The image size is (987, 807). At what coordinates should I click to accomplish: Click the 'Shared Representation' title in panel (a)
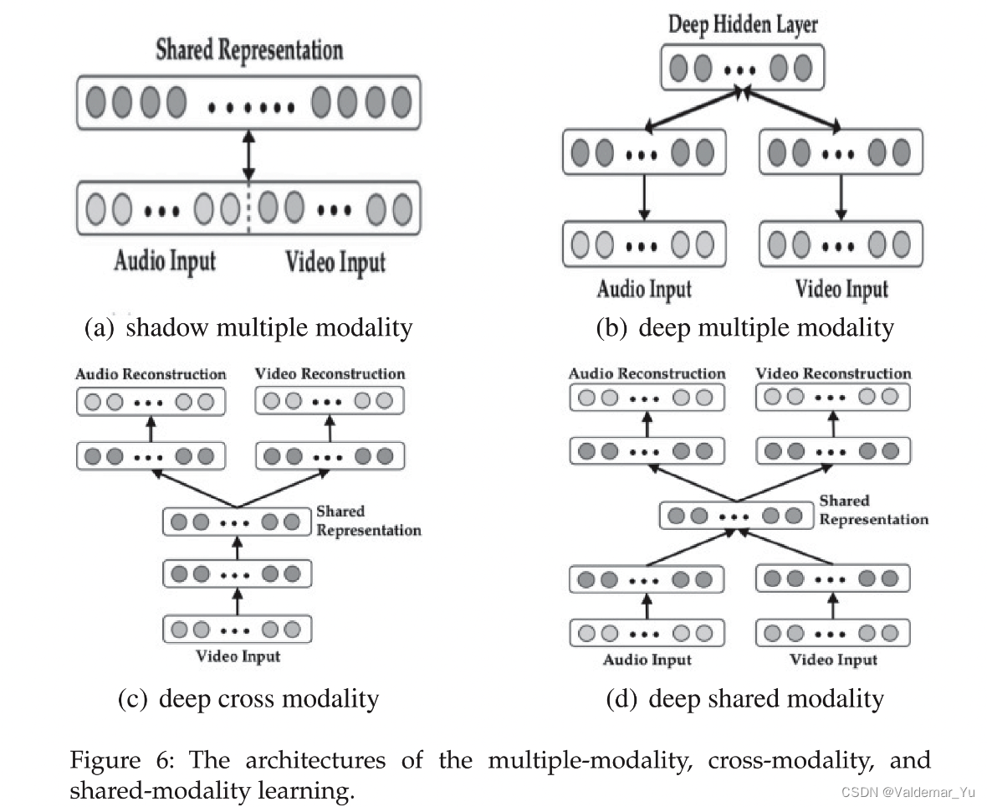pyautogui.click(x=249, y=50)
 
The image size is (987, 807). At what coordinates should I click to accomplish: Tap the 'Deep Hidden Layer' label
pyautogui.click(x=743, y=24)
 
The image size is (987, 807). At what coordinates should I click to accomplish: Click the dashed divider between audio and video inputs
pyautogui.click(x=248, y=208)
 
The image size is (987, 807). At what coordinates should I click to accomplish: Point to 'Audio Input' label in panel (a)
pyautogui.click(x=165, y=261)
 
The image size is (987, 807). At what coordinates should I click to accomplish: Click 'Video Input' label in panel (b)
pyautogui.click(x=841, y=290)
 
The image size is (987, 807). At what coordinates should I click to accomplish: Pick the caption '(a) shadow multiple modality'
pyautogui.click(x=248, y=327)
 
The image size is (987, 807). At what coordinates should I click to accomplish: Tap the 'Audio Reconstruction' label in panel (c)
pyautogui.click(x=151, y=374)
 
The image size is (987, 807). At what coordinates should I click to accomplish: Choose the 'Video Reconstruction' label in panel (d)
pyautogui.click(x=833, y=373)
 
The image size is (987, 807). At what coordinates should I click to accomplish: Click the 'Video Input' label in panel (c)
pyautogui.click(x=238, y=655)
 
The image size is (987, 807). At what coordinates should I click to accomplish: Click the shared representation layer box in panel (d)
pyautogui.click(x=735, y=515)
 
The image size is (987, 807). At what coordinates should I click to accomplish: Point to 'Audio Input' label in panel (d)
pyautogui.click(x=647, y=660)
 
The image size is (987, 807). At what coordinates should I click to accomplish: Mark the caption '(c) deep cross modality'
pyautogui.click(x=248, y=698)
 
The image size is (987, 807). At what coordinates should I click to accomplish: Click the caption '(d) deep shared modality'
pyautogui.click(x=744, y=698)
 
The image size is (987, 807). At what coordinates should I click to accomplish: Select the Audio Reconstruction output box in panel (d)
pyautogui.click(x=647, y=398)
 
